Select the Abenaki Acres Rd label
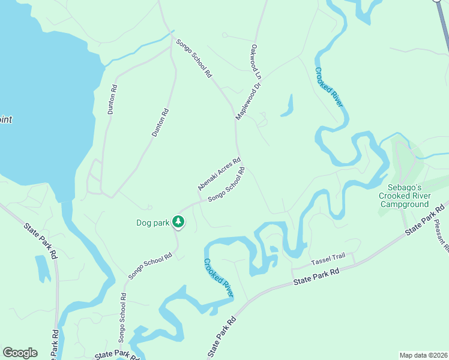pos(219,174)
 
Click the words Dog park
pos(153,223)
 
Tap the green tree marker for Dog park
pos(178,221)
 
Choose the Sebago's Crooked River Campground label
pos(404,196)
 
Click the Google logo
pos(20,353)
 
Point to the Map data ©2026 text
pos(424,355)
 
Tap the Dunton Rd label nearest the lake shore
pos(112,100)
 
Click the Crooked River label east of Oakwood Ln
pos(329,87)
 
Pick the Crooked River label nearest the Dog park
pos(218,278)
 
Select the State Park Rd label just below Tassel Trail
pos(316,277)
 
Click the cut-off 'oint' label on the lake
pos(5,119)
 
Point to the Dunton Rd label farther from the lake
pos(160,123)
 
